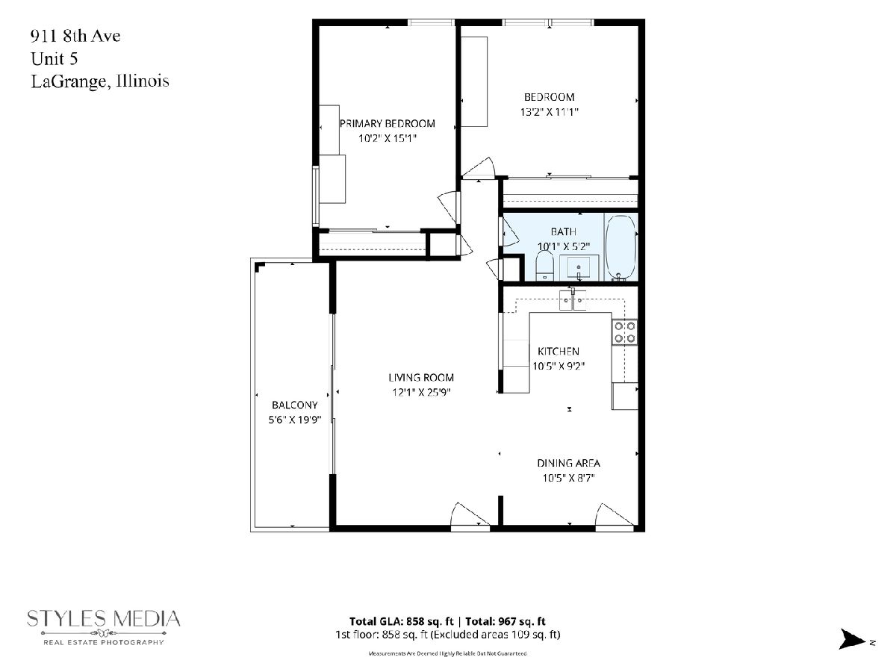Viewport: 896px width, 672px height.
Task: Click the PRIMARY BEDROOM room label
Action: (x=387, y=123)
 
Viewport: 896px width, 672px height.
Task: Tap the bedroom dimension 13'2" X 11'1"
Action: (x=549, y=112)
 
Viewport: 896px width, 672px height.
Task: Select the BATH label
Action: (x=563, y=231)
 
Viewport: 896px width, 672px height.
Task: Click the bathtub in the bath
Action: (x=620, y=248)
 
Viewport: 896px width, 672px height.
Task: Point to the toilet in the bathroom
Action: (x=544, y=266)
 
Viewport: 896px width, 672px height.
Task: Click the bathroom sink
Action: (x=579, y=267)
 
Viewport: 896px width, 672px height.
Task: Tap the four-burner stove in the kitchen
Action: (x=624, y=332)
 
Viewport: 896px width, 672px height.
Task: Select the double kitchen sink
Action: (x=572, y=301)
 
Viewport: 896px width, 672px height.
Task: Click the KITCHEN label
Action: (x=558, y=351)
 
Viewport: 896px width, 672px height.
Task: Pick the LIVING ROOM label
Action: (x=421, y=377)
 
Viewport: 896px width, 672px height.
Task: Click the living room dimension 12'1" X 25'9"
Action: (x=421, y=392)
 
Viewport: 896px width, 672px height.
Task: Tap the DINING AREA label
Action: (x=568, y=463)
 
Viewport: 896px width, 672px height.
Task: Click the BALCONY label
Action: (x=294, y=405)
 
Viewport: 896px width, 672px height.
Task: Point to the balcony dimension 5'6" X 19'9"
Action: (x=294, y=420)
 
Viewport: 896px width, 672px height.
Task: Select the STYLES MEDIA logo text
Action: (x=103, y=619)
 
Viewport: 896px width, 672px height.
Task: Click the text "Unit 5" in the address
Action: (x=55, y=59)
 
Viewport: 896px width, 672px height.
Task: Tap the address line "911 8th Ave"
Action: (x=75, y=36)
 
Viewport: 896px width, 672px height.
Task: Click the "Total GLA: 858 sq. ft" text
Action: (x=401, y=621)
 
